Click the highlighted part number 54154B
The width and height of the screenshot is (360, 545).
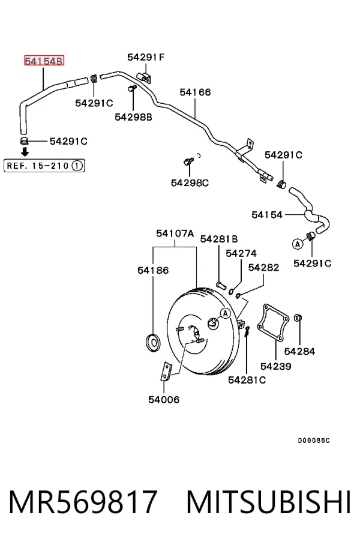[44, 61]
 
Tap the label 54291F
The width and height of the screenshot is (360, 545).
[146, 57]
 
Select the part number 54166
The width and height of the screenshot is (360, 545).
[195, 92]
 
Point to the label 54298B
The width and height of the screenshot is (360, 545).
[133, 117]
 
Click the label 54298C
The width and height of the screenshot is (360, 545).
[190, 182]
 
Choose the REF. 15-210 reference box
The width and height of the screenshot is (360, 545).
[44, 166]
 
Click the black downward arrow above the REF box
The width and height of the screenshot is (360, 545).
[25, 152]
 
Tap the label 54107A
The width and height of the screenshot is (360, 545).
[175, 233]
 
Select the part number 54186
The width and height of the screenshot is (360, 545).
[153, 270]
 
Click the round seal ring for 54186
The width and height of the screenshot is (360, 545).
[153, 342]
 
